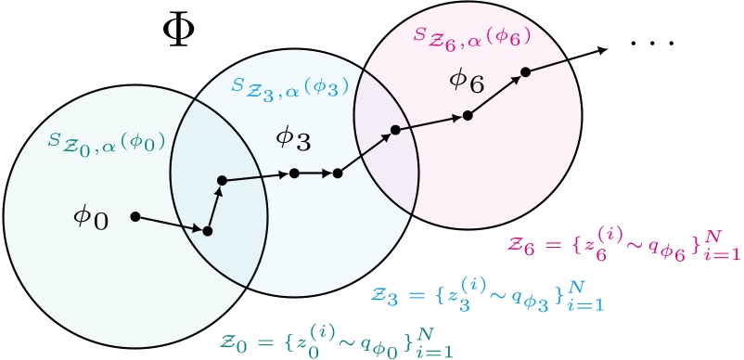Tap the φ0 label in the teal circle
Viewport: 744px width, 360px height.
click(91, 219)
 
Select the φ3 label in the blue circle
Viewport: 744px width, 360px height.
click(294, 140)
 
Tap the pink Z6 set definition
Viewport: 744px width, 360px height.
click(622, 245)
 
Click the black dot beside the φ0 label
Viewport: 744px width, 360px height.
click(135, 216)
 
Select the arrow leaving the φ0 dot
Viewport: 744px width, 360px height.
click(171, 224)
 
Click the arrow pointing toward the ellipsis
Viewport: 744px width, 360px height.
click(566, 58)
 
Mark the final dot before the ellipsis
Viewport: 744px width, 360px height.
click(525, 71)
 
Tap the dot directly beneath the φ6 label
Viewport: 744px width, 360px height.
click(468, 116)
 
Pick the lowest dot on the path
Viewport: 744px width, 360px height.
click(208, 231)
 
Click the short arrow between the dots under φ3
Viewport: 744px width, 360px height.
click(315, 173)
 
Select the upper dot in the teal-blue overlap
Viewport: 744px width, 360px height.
click(221, 181)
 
